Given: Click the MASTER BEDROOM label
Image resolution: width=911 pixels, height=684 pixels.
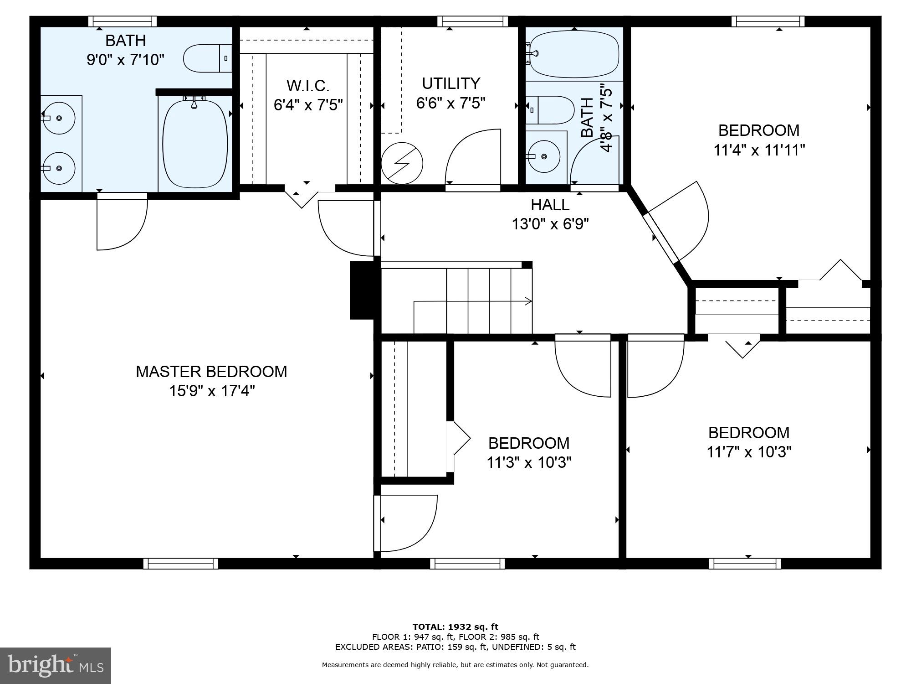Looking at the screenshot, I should pos(211,372).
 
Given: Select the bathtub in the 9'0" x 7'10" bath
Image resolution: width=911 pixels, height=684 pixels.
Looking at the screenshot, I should pos(195,144).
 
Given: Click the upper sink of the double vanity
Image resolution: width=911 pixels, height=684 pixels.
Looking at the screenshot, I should pos(59,118).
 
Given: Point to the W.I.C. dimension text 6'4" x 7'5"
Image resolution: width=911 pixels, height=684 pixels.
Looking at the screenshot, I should pos(308,105).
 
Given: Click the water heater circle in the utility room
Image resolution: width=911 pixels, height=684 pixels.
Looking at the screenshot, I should pos(402,163).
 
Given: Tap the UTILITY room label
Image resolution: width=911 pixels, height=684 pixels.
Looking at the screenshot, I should pos(451,83).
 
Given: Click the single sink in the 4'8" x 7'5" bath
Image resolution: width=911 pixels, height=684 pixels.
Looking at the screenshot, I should pos(544,156).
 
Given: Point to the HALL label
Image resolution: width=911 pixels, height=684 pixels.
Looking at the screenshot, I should pos(550,205).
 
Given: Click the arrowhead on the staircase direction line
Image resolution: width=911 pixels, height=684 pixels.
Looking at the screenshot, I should pos(528,301).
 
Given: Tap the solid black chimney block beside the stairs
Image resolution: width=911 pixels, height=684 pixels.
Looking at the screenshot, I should pos(363,290).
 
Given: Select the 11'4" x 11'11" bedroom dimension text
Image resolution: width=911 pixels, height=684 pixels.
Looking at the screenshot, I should pos(759,150).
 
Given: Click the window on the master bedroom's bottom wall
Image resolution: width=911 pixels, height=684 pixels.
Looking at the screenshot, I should pos(181,564).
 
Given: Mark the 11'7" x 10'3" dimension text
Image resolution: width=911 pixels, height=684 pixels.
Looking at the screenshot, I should pos(749,452).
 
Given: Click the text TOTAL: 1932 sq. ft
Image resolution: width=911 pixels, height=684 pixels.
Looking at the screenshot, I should pos(455,627).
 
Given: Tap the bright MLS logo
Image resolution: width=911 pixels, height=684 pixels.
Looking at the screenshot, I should pos(55,666).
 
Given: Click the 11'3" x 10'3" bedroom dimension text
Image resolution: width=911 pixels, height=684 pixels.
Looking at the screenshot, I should pos(529,462).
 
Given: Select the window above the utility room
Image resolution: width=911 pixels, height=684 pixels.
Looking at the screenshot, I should pos(472,21).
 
